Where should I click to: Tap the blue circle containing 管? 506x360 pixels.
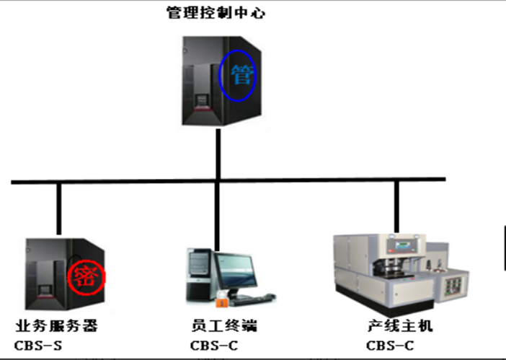pyautogui.click(x=237, y=74)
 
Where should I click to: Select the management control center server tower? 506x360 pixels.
pyautogui.click(x=209, y=83)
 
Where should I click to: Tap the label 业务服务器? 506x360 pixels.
pyautogui.click(x=56, y=326)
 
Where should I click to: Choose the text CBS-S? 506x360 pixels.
pyautogui.click(x=38, y=345)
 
